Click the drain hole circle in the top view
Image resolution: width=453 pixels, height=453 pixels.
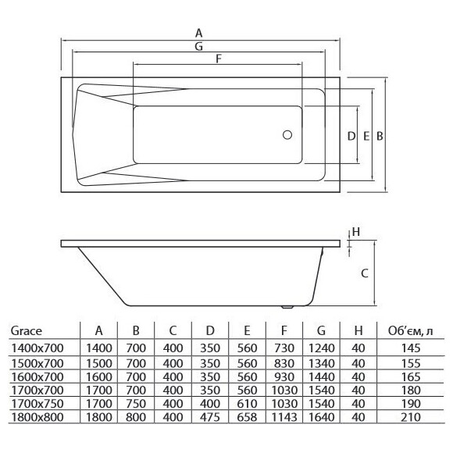pos(287,134)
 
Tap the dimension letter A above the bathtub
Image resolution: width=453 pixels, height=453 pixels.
pos(198,34)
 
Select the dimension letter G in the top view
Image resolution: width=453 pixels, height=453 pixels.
pos(198,46)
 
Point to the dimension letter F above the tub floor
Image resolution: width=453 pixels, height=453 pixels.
pos(219,59)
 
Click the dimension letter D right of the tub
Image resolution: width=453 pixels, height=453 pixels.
pos(351,136)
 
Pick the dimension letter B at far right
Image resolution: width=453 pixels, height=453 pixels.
pos(380,136)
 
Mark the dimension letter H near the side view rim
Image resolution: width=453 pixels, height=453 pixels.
pos(356,232)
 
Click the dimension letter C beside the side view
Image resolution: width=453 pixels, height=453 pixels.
pos(365,273)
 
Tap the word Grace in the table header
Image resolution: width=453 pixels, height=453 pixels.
pos(27,331)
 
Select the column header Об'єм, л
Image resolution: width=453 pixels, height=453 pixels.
pos(411,331)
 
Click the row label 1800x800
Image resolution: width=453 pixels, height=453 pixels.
pos(37,417)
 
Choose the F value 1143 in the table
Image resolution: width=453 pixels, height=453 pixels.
pos(284,417)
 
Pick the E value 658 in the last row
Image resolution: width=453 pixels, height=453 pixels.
pos(248,417)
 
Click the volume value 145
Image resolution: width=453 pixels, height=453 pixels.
pos(411,348)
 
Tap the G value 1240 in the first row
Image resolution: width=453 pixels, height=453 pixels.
pos(322,348)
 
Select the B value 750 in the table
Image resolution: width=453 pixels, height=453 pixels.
pos(136,404)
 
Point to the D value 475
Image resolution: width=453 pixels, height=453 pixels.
pos(210,417)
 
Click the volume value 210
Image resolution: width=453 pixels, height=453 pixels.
pos(411,417)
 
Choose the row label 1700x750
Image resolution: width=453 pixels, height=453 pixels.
pos(37,404)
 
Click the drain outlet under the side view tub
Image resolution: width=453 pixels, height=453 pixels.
pos(287,307)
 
